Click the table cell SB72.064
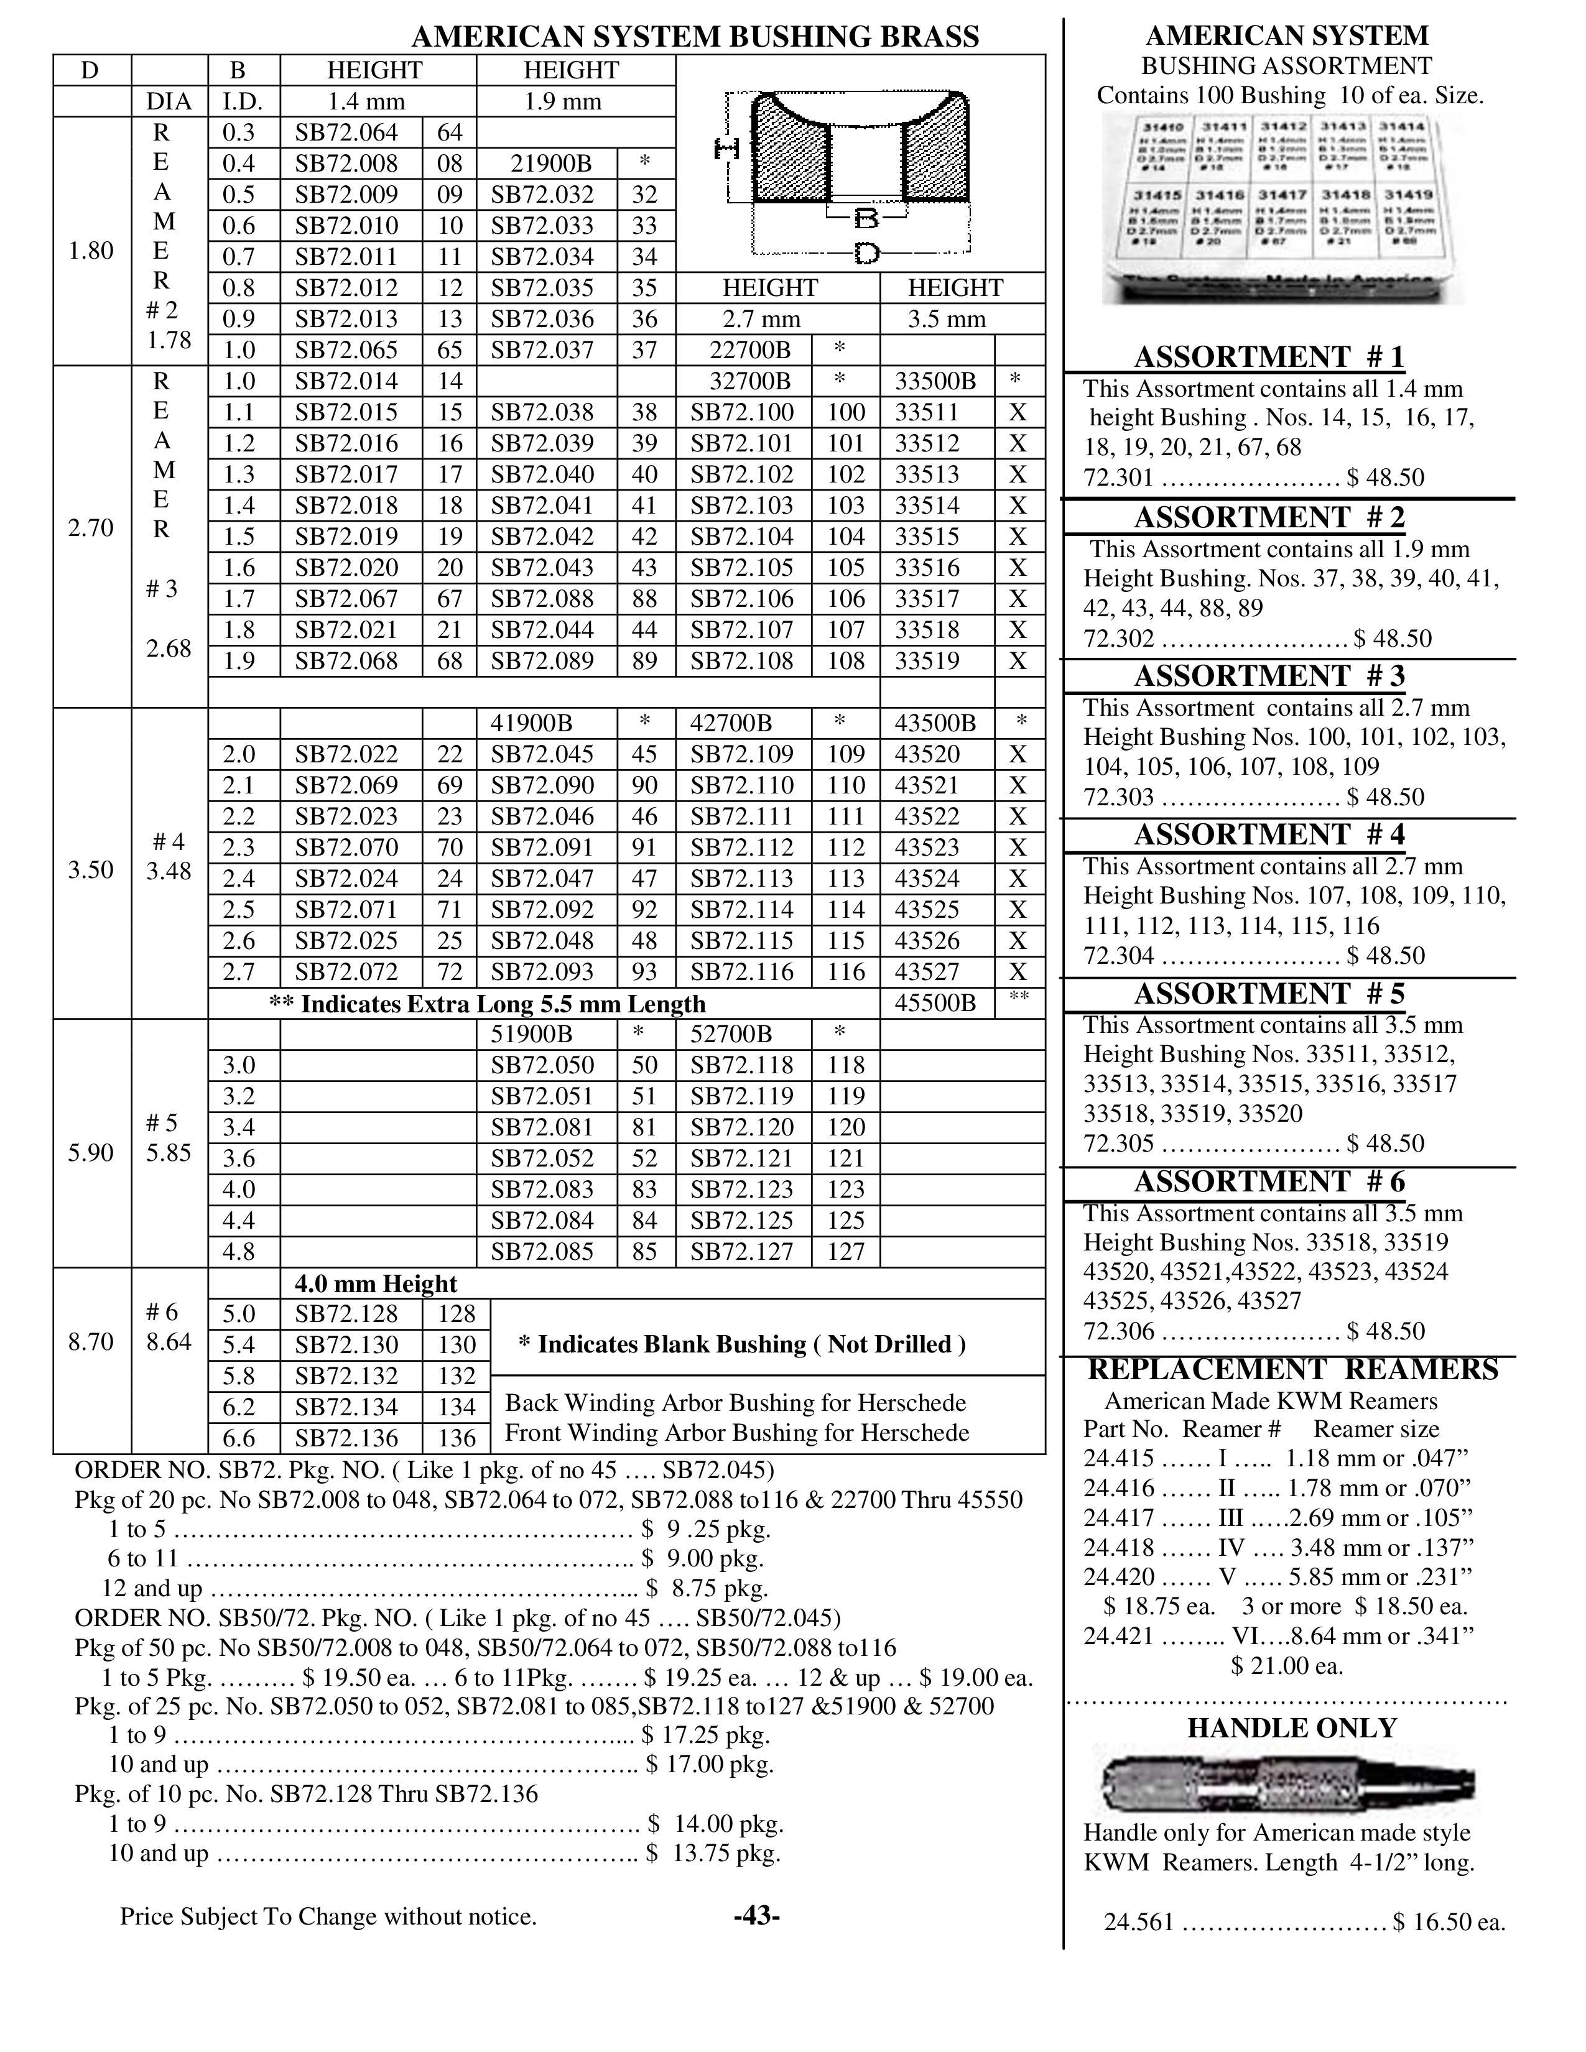[346, 132]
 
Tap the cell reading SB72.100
[742, 412]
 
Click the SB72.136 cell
[346, 1438]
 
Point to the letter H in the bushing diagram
[726, 149]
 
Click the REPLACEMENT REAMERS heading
[1292, 1370]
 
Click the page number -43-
[756, 1916]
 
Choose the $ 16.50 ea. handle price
[1449, 1922]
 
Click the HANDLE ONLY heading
[1292, 1728]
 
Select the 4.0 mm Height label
[376, 1283]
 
